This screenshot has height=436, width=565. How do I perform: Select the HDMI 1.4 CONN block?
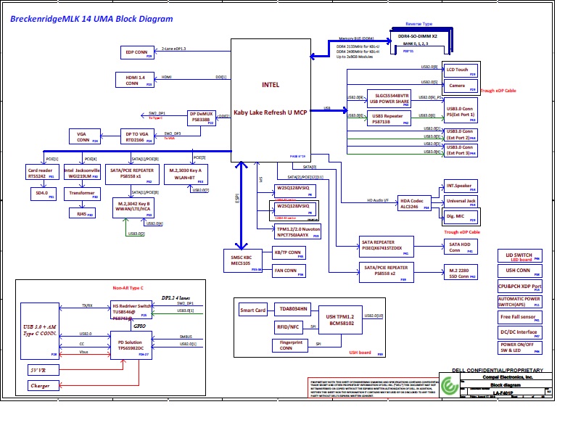point(134,80)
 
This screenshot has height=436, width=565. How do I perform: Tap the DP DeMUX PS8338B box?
point(201,118)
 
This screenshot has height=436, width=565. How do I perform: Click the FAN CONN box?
point(286,272)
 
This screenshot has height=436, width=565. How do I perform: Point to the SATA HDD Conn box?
point(460,247)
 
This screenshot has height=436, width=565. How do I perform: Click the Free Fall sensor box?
point(519,317)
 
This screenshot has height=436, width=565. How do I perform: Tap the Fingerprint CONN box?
point(289,345)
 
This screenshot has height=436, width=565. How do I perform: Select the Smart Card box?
point(253,311)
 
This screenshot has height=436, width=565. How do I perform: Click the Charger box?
point(41,386)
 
